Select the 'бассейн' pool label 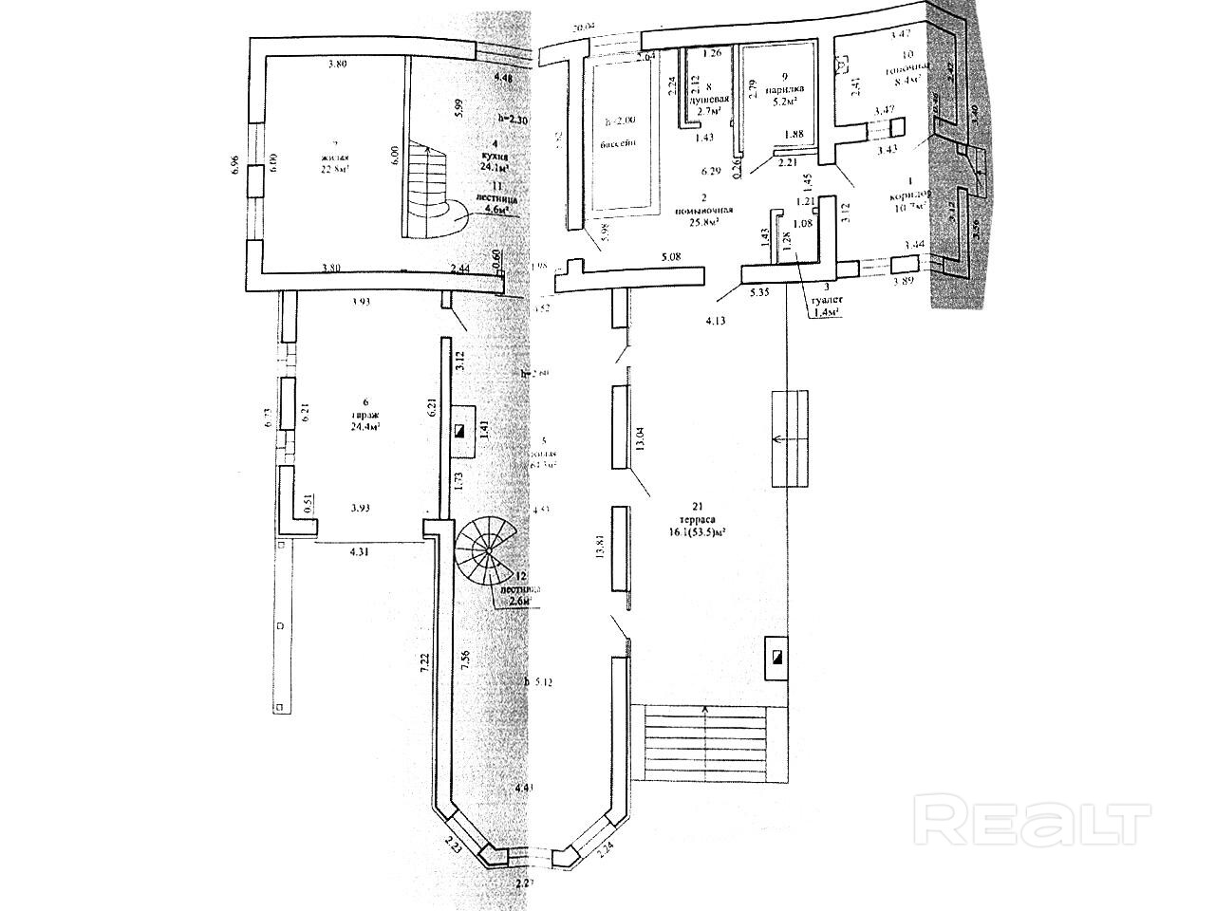[618, 143]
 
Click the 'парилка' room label [784, 87]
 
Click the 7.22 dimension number [426, 660]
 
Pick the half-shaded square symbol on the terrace [776, 657]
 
